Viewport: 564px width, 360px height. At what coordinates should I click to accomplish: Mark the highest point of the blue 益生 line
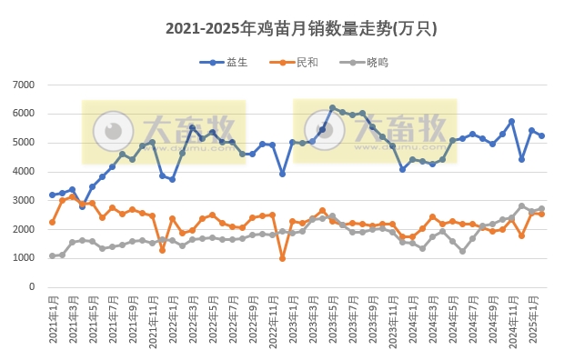pos(332,107)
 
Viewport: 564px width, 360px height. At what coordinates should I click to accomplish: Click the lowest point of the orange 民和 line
pos(282,258)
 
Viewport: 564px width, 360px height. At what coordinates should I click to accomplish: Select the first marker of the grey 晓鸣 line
pos(52,255)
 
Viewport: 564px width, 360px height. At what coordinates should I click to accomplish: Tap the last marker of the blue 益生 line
pos(541,135)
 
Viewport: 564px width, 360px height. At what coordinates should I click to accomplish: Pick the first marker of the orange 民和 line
pos(52,222)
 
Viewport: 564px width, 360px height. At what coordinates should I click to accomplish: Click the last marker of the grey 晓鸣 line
pos(541,209)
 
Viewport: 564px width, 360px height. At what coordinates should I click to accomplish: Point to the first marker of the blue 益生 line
pos(52,195)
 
